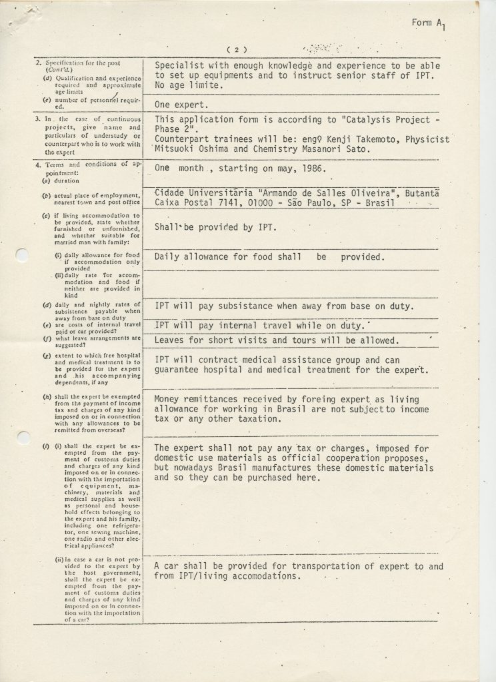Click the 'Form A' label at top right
(x=427, y=23)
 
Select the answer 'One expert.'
(x=181, y=104)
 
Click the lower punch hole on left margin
(x=23, y=438)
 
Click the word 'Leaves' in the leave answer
(x=171, y=341)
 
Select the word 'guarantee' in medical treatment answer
(x=179, y=370)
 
